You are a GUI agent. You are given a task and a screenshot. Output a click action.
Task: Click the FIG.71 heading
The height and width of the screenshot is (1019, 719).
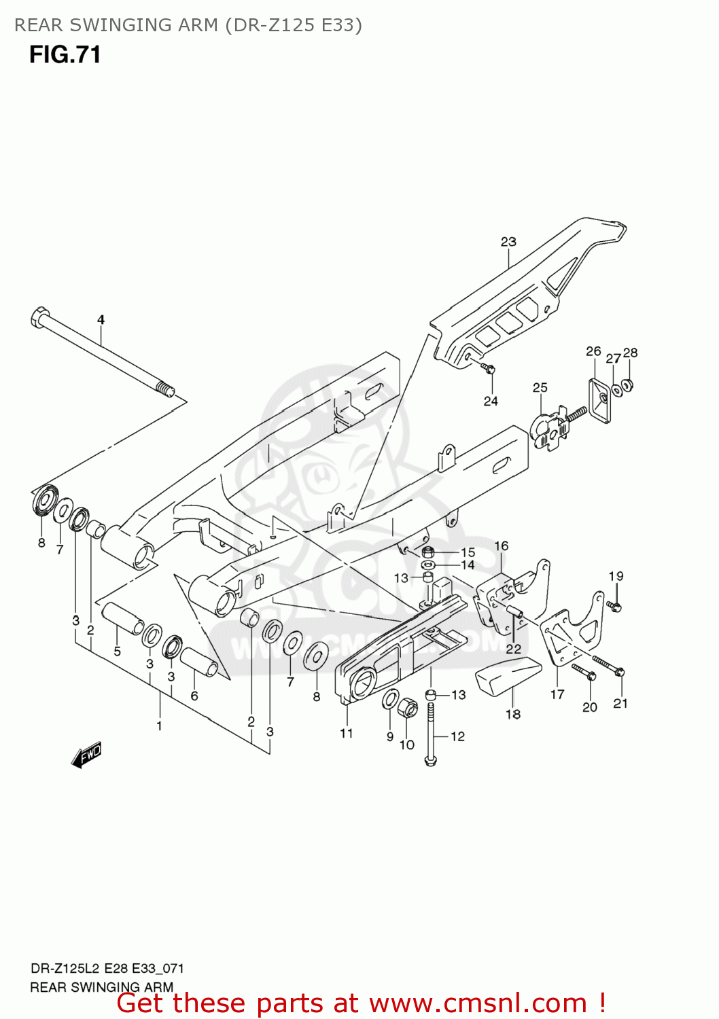(65, 55)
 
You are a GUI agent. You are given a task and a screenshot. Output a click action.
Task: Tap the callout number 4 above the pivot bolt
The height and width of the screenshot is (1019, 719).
(101, 319)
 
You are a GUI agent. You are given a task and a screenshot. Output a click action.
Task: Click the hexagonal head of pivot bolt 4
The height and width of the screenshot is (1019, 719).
(39, 317)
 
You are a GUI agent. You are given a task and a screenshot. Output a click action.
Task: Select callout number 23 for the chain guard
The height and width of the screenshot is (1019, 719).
(508, 241)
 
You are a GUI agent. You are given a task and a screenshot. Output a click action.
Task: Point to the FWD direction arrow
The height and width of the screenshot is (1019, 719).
(86, 755)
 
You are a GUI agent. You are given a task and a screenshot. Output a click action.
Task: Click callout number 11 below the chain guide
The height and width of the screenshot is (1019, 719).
(347, 733)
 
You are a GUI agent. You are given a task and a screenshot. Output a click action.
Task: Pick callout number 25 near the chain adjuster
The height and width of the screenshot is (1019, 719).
(540, 387)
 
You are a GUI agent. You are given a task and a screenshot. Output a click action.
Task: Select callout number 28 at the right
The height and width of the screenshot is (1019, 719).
(630, 352)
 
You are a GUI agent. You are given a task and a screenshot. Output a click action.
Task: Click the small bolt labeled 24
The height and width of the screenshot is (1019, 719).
(489, 369)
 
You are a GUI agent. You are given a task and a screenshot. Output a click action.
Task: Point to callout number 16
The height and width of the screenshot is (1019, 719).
(501, 546)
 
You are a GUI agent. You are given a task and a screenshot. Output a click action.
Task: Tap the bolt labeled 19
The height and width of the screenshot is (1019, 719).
(614, 605)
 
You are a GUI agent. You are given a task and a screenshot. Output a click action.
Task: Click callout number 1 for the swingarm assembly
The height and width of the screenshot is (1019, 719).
(159, 726)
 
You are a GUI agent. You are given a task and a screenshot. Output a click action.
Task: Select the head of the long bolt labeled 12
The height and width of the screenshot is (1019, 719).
(429, 761)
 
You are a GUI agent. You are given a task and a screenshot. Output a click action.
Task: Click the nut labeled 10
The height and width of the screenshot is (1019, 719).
(408, 709)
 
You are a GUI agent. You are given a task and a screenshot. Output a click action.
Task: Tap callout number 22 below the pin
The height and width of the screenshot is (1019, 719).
(513, 649)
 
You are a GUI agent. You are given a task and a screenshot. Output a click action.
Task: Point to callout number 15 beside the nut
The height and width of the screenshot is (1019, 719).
(468, 552)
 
